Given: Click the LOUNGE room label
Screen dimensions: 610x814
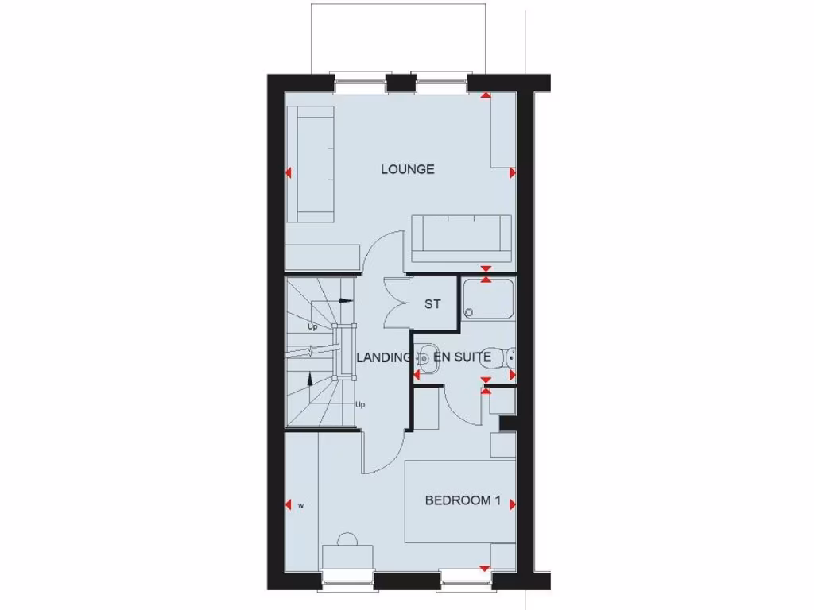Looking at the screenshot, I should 407,169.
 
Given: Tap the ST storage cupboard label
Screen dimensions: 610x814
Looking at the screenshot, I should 432,304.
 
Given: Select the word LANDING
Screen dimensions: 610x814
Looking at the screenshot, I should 382,358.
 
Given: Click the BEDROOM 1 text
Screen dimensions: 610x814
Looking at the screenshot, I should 463,500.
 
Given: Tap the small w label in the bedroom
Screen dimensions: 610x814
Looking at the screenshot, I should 300,504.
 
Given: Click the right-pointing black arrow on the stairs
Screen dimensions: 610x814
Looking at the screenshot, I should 344,301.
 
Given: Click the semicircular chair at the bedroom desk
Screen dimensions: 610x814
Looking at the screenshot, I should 347,539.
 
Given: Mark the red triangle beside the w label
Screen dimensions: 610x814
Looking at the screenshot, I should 288,504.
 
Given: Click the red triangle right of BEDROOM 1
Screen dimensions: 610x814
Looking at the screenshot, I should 513,504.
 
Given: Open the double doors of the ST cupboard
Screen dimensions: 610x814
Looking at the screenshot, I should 395,303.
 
